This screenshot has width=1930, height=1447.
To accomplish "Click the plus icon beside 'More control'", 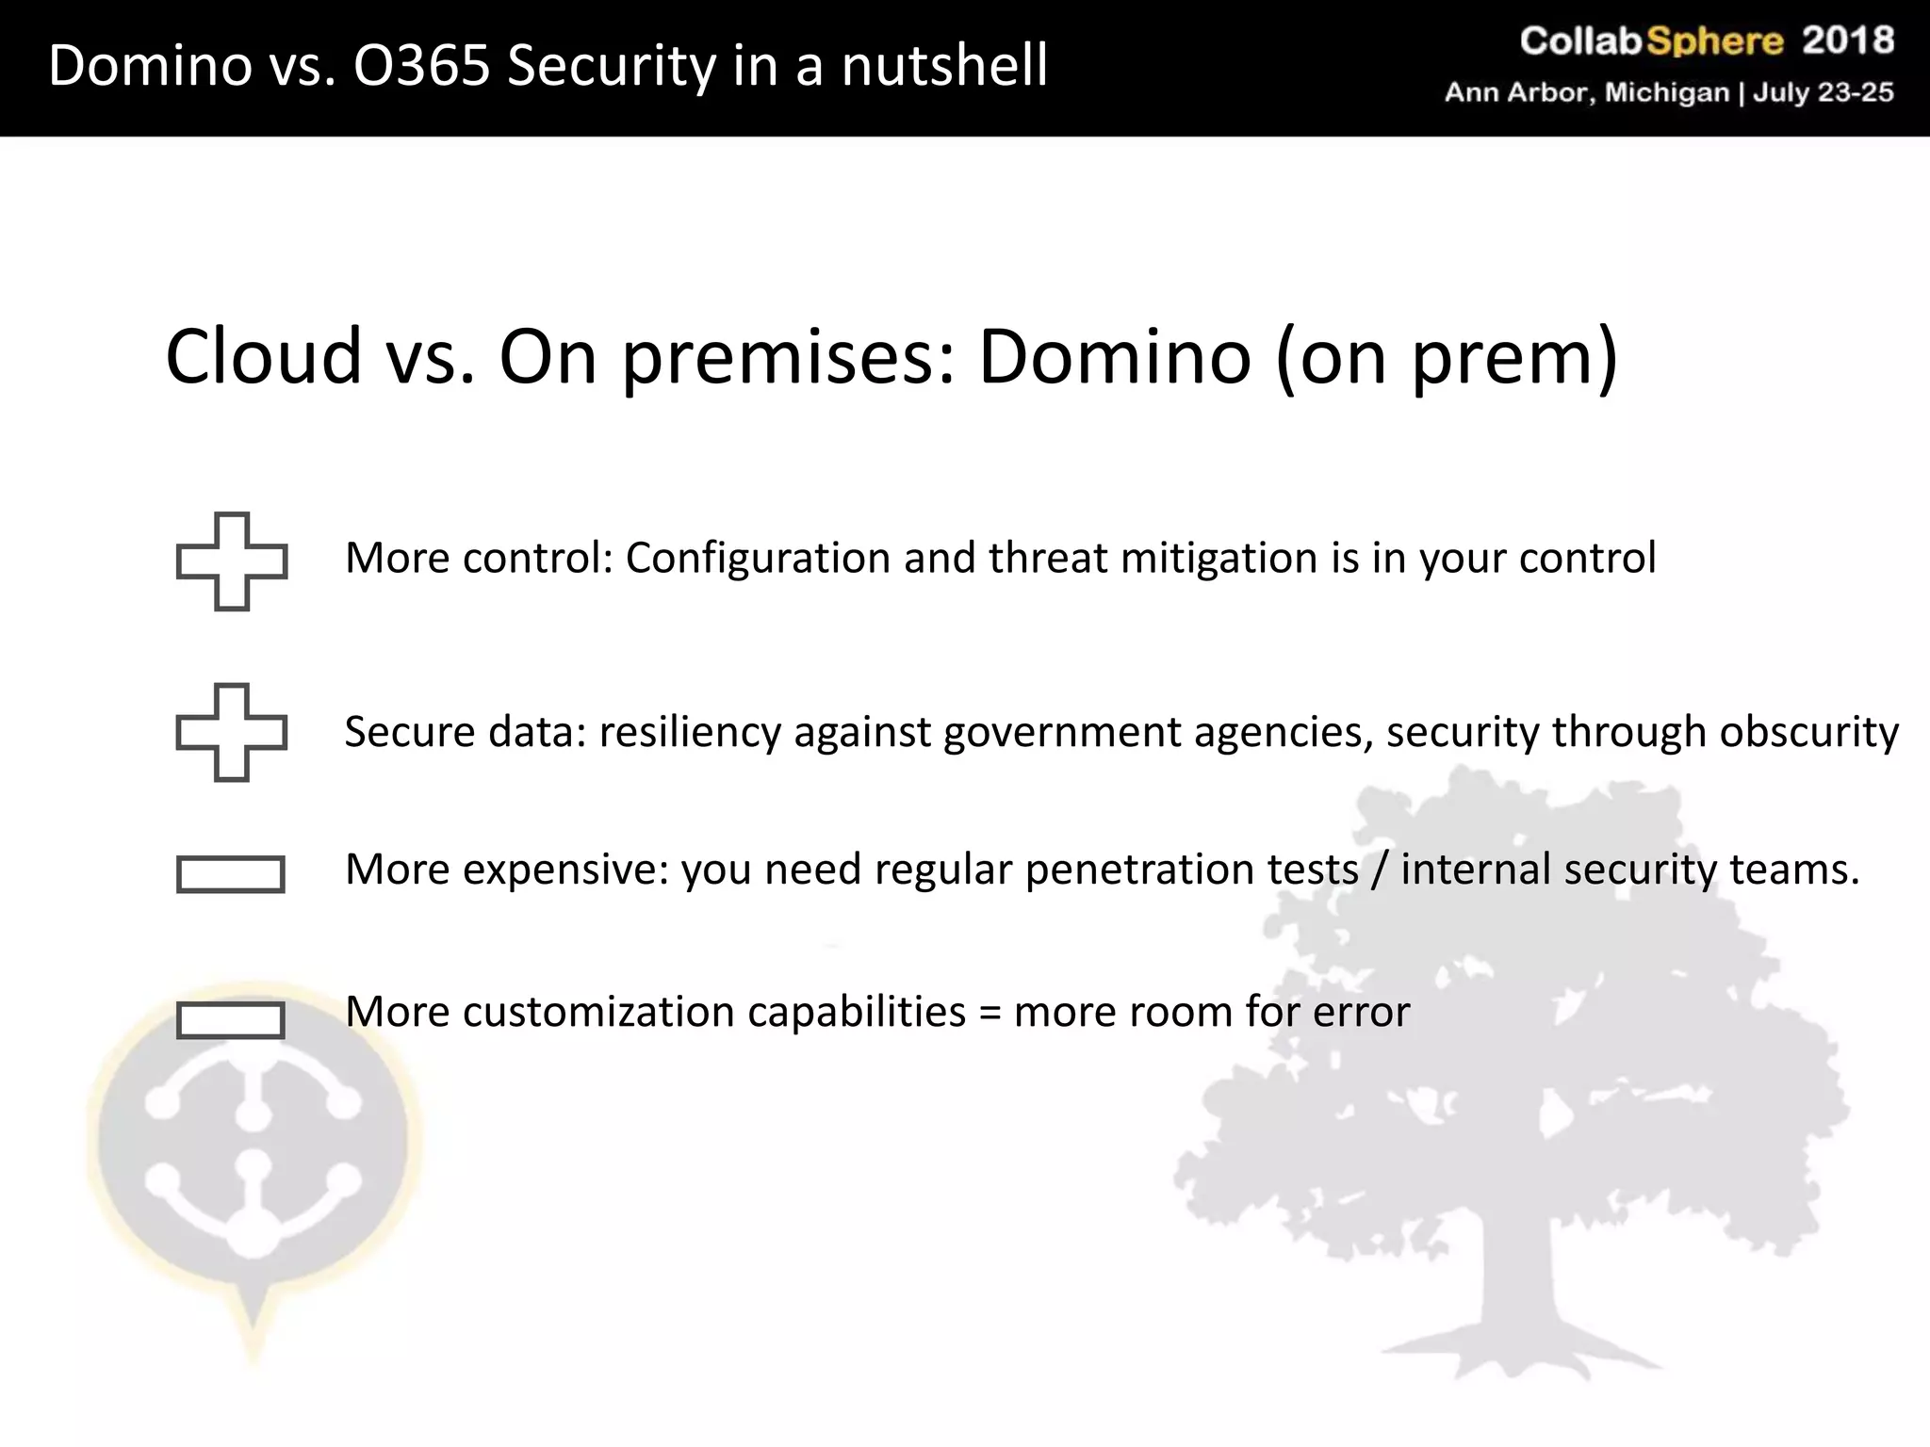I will point(232,561).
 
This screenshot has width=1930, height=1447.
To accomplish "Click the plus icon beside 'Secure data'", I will point(232,732).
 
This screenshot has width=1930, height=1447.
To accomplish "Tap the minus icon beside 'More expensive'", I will point(231,874).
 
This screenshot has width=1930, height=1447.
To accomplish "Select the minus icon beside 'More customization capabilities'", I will point(231,1020).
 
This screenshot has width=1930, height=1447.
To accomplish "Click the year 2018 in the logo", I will point(1848,41).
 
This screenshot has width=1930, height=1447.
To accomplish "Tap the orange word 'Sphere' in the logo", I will point(1714,41).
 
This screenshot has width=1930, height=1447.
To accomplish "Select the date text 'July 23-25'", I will point(1823,92).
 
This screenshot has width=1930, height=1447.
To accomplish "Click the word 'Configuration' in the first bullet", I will point(758,558).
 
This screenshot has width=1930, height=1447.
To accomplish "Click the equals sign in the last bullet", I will point(990,1013).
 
